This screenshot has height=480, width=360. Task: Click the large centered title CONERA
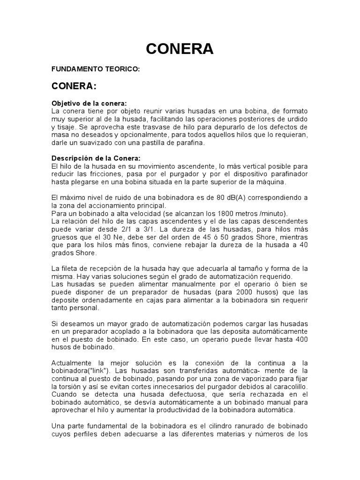180,48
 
